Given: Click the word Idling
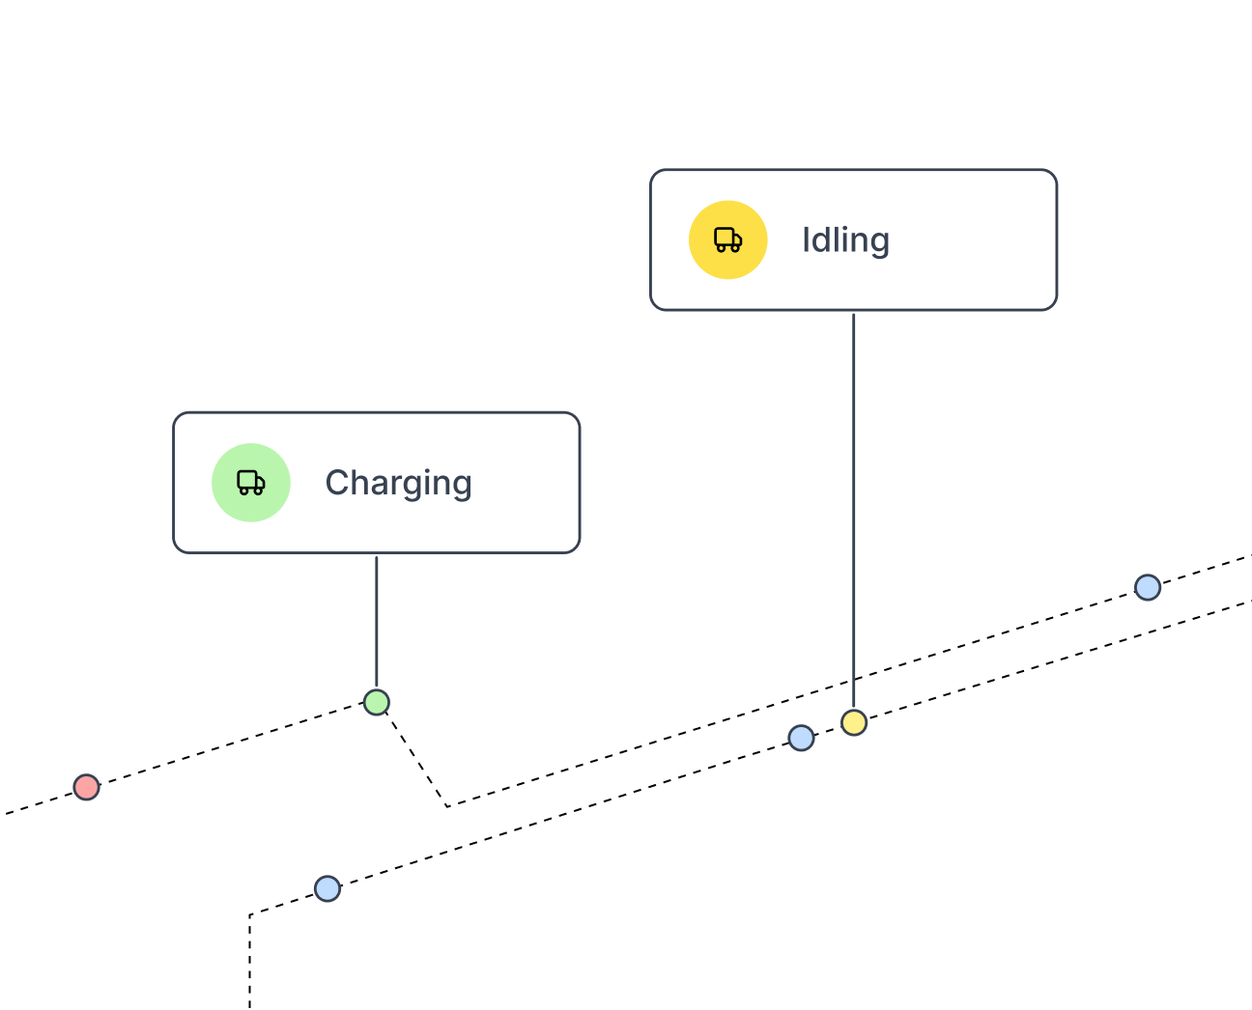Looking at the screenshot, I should (845, 240).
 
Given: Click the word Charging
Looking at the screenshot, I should (398, 483).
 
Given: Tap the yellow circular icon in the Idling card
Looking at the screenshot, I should (728, 239).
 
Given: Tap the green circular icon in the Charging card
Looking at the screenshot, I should (251, 483).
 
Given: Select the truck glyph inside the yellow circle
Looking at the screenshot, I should (728, 239).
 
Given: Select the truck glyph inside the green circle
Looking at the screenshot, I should (251, 483).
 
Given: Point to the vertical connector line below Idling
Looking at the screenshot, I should (854, 502).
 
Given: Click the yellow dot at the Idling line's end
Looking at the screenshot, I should (854, 722).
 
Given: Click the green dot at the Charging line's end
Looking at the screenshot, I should (377, 702).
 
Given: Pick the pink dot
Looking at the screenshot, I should (87, 787).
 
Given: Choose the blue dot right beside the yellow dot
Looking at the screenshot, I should (801, 738).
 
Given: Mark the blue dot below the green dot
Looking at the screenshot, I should (327, 888).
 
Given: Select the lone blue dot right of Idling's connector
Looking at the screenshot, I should (1148, 587).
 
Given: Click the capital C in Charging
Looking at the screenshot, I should (337, 482).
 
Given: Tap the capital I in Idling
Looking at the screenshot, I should (805, 239).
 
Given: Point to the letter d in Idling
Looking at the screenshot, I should (819, 239).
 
